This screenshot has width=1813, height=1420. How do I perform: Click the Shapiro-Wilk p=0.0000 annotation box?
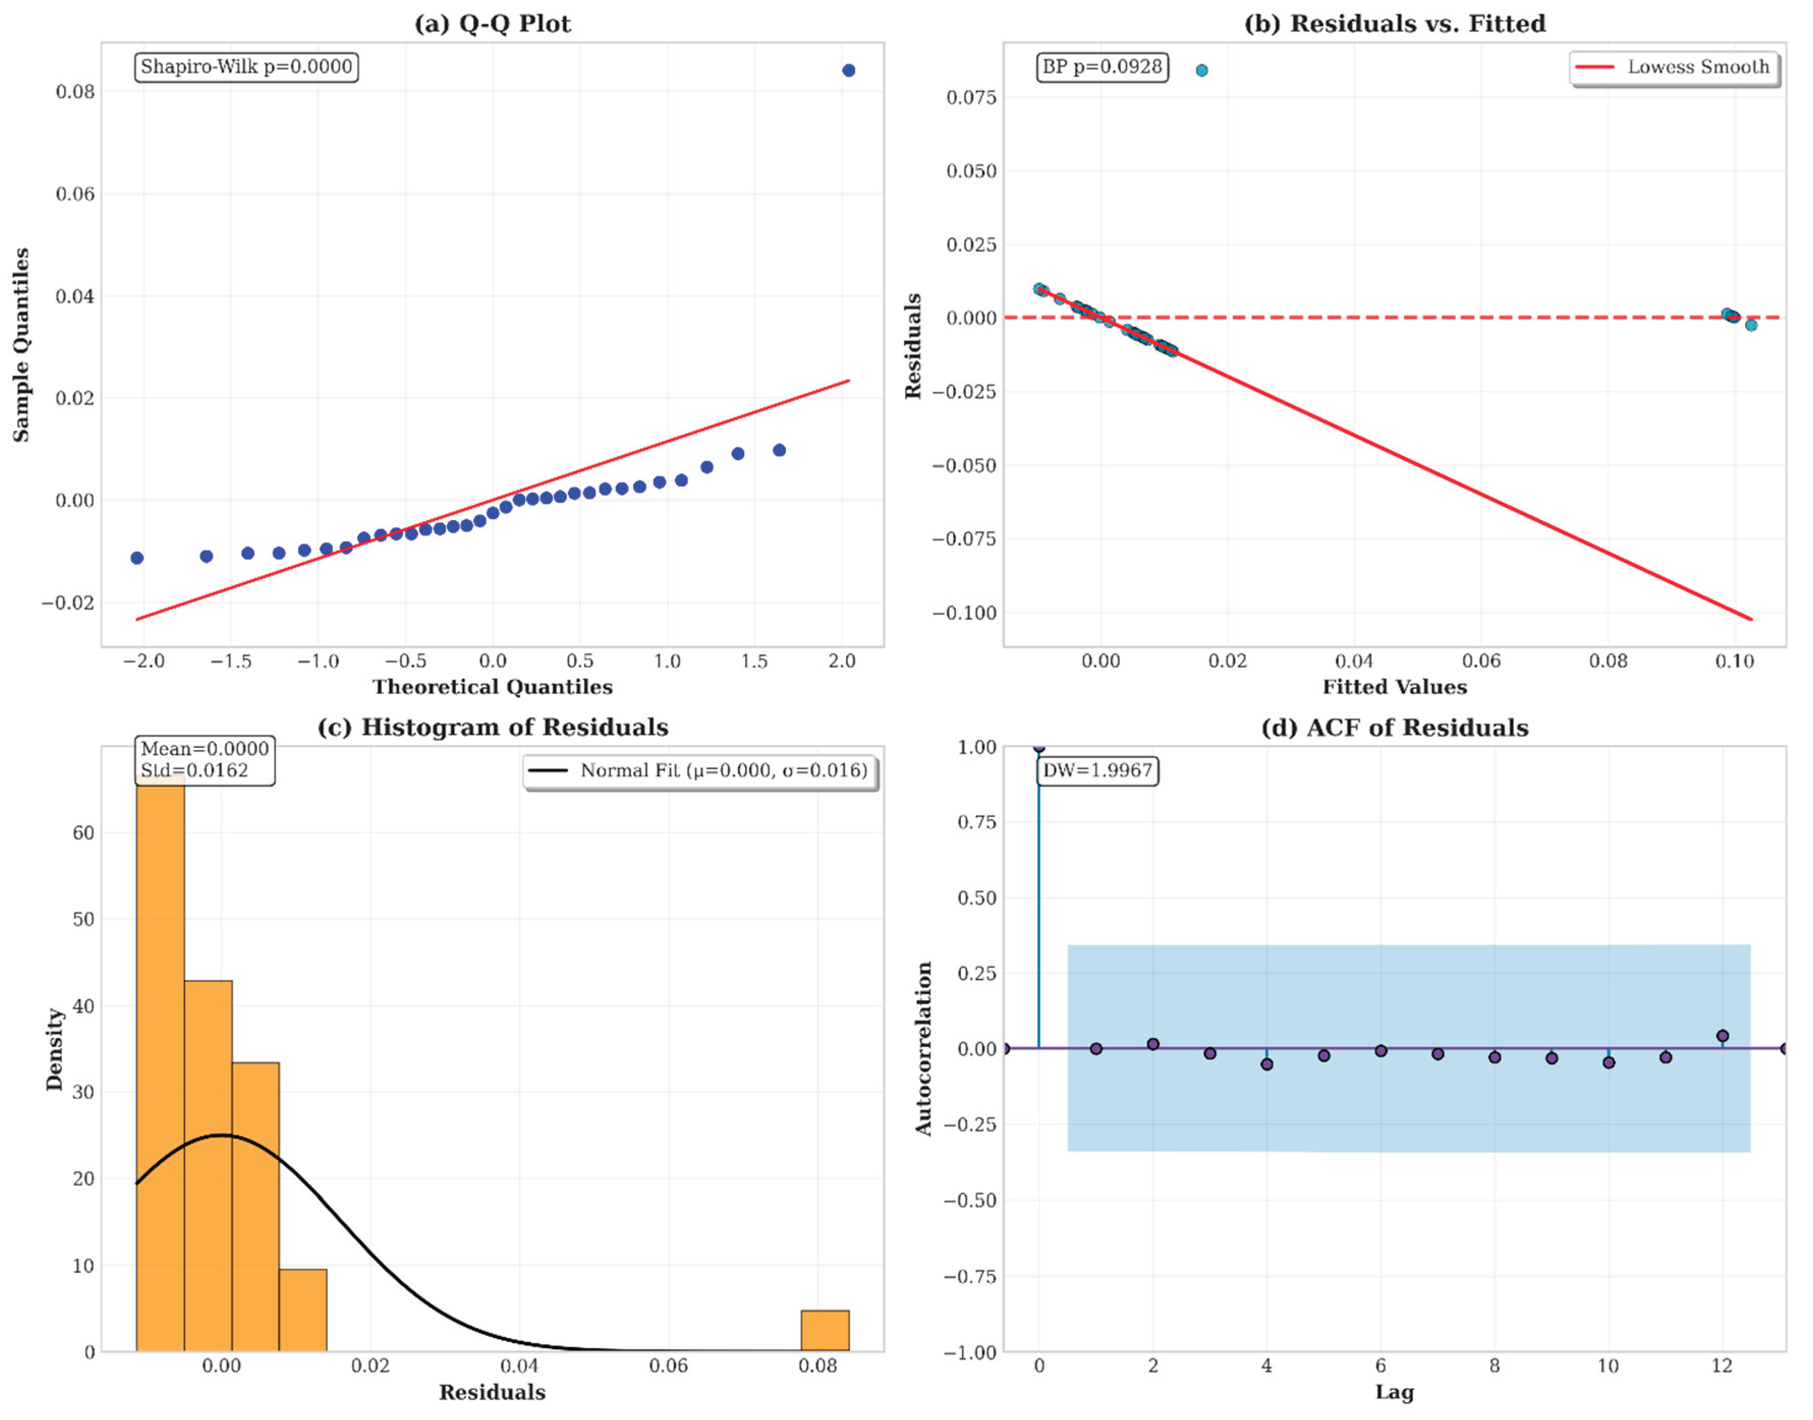[246, 67]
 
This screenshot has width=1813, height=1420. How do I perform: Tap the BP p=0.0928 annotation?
[1102, 67]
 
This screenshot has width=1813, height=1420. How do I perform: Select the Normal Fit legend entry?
[700, 771]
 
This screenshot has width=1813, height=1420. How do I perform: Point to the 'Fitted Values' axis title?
[1395, 687]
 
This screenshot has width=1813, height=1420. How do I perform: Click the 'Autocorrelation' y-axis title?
[923, 1049]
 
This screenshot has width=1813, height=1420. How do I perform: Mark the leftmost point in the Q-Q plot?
[137, 558]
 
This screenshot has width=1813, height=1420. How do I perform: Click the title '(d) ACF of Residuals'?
[1395, 728]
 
